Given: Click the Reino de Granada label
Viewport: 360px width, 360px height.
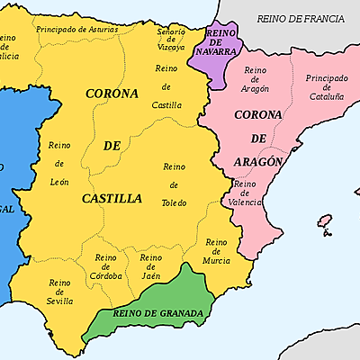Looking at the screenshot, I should pos(157,313).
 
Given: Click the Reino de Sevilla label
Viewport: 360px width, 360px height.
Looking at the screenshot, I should pos(60,292).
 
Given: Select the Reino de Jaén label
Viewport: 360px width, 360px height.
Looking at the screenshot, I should pos(150,267).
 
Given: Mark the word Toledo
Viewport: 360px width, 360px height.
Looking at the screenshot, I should pos(175,202).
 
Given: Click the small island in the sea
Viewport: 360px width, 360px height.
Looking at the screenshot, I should pos(325,221).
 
